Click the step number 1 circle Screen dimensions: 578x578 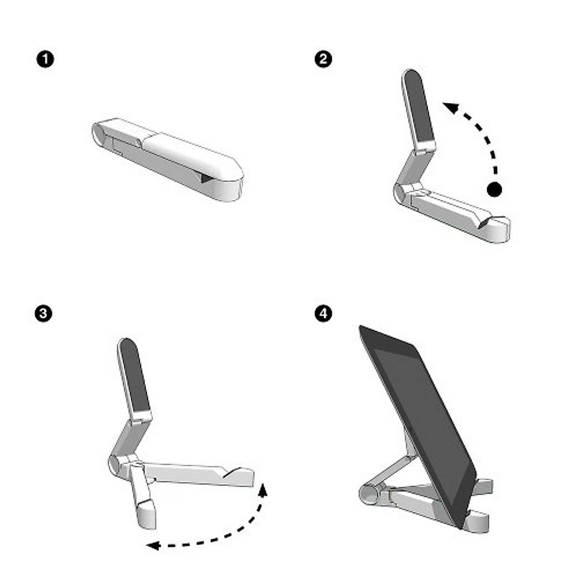tap(45, 60)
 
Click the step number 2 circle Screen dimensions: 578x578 tap(323, 59)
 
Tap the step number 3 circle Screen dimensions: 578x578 tap(44, 314)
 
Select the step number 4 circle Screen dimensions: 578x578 tap(323, 314)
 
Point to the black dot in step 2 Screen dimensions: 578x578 tap(494, 189)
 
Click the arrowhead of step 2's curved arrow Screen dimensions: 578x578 tap(450, 107)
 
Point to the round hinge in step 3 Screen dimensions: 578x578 tap(116, 464)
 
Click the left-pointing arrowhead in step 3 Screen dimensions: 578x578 tap(153, 545)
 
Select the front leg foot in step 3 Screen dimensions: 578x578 tap(146, 514)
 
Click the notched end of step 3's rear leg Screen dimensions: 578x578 tap(241, 475)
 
